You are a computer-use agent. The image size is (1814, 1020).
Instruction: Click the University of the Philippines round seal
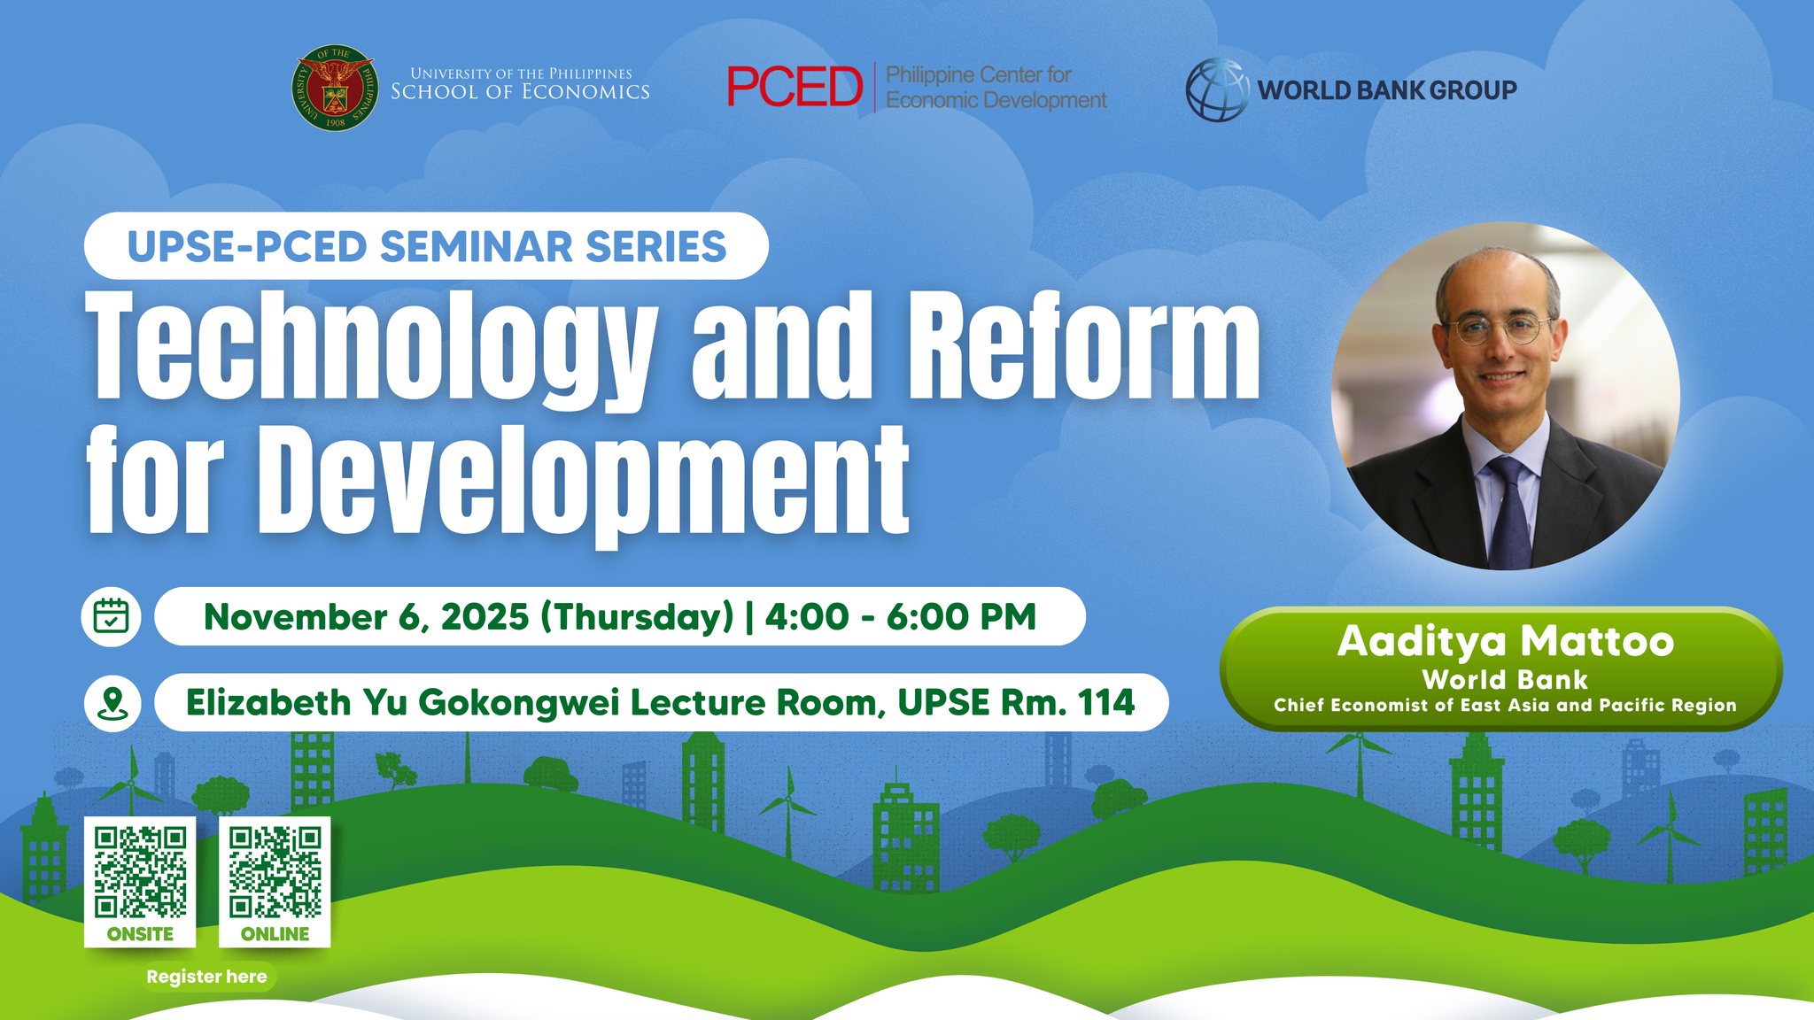pyautogui.click(x=335, y=89)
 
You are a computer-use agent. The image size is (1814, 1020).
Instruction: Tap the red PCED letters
pyautogui.click(x=795, y=87)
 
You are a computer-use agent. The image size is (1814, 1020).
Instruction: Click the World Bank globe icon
pyautogui.click(x=1218, y=89)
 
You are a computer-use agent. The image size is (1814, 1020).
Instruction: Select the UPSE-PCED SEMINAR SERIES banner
pyautogui.click(x=426, y=246)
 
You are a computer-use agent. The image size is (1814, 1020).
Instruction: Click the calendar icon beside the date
pyautogui.click(x=112, y=616)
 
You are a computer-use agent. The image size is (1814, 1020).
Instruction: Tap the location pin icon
pyautogui.click(x=112, y=703)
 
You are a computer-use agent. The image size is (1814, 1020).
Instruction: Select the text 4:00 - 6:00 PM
pyautogui.click(x=901, y=616)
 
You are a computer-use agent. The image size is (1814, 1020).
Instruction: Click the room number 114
pyautogui.click(x=1106, y=702)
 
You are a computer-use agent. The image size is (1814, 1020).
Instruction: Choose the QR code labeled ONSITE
pyautogui.click(x=140, y=872)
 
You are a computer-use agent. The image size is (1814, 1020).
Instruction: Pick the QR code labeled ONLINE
pyautogui.click(x=275, y=872)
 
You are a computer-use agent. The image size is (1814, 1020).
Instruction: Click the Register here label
pyautogui.click(x=206, y=977)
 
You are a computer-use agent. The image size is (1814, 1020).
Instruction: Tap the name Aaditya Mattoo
pyautogui.click(x=1506, y=641)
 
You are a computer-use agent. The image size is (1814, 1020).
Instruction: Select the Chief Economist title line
pyautogui.click(x=1505, y=706)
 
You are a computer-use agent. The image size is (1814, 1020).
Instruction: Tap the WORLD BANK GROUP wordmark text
pyautogui.click(x=1387, y=90)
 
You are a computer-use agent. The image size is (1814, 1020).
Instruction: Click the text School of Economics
pyautogui.click(x=520, y=92)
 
